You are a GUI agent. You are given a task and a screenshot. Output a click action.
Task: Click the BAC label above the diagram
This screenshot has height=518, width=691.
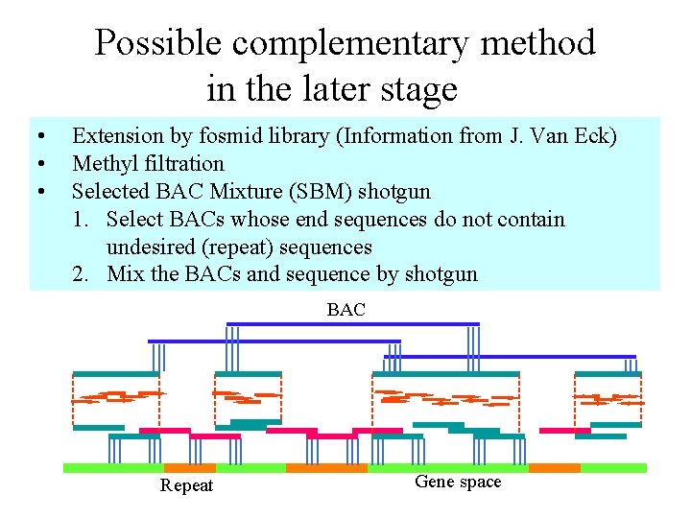[345, 309]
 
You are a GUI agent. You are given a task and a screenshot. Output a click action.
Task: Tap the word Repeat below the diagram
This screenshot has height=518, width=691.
[187, 485]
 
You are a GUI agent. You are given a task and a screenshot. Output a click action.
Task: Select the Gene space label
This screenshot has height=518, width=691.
[458, 482]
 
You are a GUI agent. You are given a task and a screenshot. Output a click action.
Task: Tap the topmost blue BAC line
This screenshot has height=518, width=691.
[352, 324]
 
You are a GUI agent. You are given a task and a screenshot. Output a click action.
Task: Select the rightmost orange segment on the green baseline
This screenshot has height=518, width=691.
[555, 468]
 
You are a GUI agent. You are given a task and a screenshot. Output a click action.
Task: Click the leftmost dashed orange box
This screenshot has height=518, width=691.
[116, 399]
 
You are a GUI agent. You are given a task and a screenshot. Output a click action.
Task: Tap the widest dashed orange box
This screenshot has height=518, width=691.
[445, 399]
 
